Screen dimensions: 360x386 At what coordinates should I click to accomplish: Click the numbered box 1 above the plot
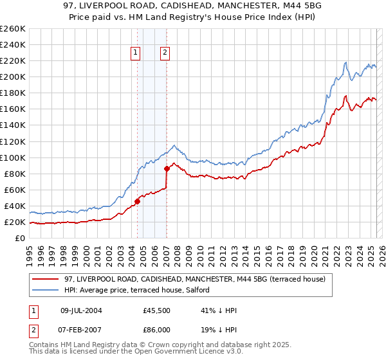click(136, 53)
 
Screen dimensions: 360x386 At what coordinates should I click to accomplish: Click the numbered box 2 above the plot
click(165, 53)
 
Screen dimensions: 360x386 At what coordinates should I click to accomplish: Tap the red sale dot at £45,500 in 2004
click(137, 201)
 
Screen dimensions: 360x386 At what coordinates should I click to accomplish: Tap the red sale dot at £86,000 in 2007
click(167, 168)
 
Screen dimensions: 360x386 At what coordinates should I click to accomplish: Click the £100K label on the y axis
click(13, 157)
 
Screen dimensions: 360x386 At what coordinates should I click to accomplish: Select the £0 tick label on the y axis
click(20, 238)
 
